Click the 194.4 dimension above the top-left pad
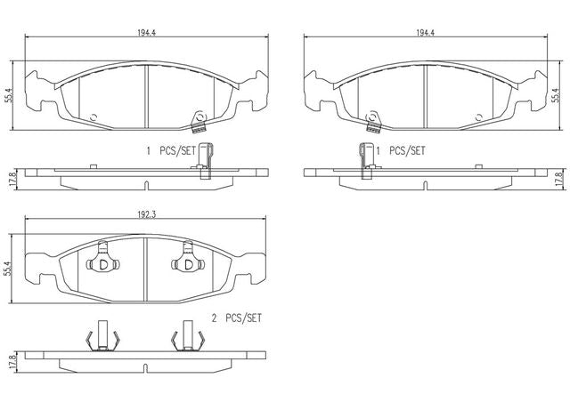pyautogui.click(x=146, y=32)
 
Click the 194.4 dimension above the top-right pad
pyautogui.click(x=426, y=32)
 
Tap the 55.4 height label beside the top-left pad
pyautogui.click(x=9, y=95)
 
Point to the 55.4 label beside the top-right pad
pyautogui.click(x=555, y=95)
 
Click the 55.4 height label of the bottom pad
pyautogui.click(x=9, y=268)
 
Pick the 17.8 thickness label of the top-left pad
pyautogui.click(x=13, y=179)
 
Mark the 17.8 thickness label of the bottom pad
pyautogui.click(x=13, y=362)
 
